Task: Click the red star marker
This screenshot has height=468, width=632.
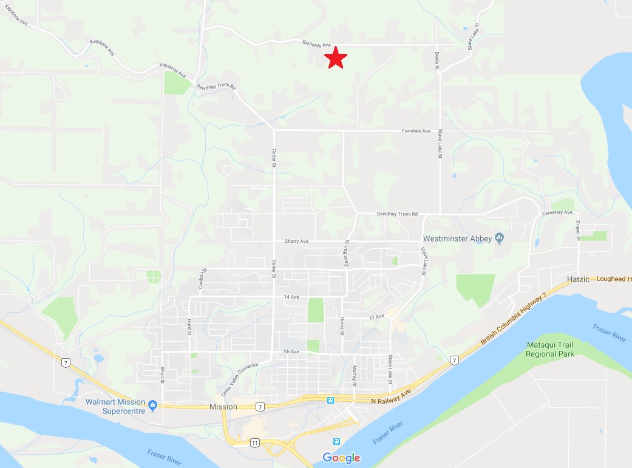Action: click(x=335, y=58)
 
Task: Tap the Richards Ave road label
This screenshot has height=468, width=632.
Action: click(x=317, y=44)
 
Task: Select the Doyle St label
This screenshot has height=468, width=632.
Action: click(x=437, y=61)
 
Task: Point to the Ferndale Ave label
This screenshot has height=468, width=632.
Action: click(x=416, y=131)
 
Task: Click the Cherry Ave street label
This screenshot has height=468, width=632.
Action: click(x=296, y=242)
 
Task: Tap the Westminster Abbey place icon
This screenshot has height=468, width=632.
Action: click(x=499, y=237)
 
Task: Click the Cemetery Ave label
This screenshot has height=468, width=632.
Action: click(x=557, y=213)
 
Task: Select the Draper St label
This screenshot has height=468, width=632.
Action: click(x=579, y=229)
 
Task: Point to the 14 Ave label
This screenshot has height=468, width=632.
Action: click(x=291, y=297)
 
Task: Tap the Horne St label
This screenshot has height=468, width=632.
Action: click(x=342, y=326)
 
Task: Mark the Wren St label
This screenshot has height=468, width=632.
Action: click(x=162, y=375)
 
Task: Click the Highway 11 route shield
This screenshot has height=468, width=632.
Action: click(x=254, y=443)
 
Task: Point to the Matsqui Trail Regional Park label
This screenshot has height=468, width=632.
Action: click(x=549, y=349)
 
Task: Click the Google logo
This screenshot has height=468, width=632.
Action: click(x=341, y=458)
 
